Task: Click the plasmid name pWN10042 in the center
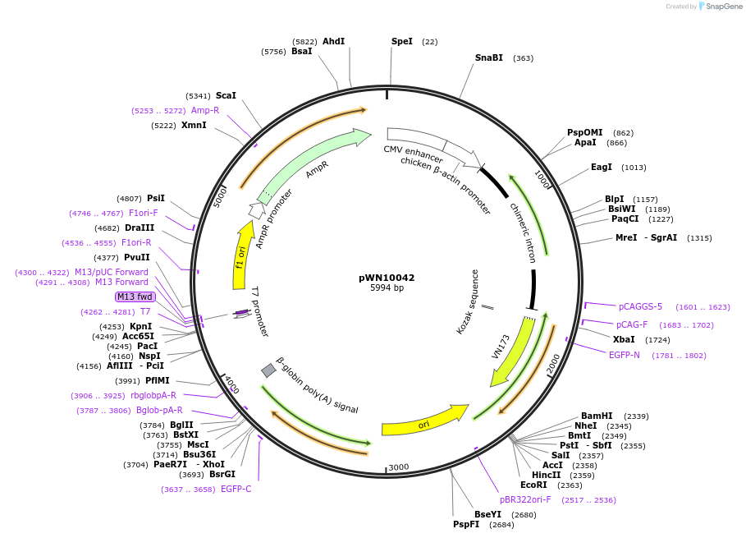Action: [x=387, y=278]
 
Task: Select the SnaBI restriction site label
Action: [x=488, y=58]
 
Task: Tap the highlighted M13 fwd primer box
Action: [x=134, y=297]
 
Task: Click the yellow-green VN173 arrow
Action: [x=509, y=354]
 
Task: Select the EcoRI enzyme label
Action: [x=533, y=485]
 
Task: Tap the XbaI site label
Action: [x=624, y=339]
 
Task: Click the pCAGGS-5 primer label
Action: [x=640, y=307]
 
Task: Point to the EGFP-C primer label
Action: [x=236, y=490]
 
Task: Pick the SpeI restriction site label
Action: [x=402, y=41]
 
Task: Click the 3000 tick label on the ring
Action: [x=399, y=467]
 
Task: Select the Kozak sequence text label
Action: [x=467, y=301]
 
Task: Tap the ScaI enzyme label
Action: [x=226, y=96]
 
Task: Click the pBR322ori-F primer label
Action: [x=525, y=499]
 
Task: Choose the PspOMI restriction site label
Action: [x=584, y=133]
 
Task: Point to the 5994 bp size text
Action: [x=387, y=288]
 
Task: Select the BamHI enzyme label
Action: [x=597, y=416]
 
